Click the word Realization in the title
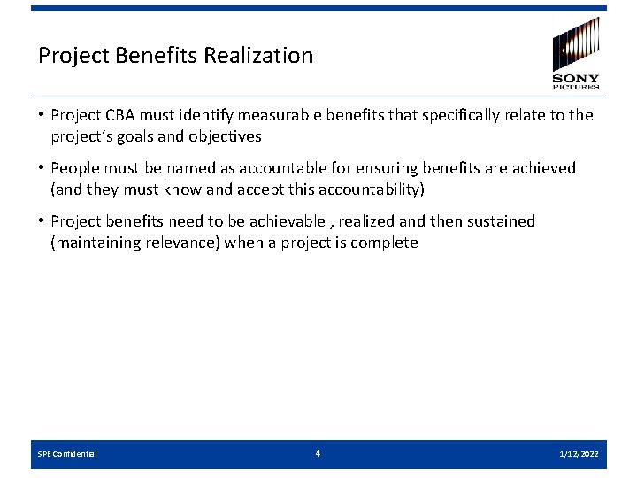(x=258, y=56)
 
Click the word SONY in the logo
(x=576, y=79)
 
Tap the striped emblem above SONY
(x=576, y=42)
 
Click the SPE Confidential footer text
(x=67, y=454)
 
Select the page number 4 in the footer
(x=318, y=453)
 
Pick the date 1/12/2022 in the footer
(x=579, y=454)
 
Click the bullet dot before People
(x=42, y=168)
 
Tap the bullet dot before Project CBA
(x=42, y=115)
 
